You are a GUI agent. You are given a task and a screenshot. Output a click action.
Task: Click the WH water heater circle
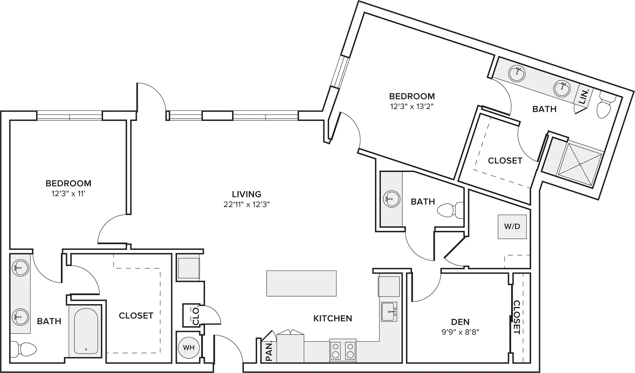189,347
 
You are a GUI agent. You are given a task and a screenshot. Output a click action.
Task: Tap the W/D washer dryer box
512,227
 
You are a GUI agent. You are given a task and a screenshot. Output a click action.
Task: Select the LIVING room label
247,194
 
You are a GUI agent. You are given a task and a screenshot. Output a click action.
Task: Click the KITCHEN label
333,318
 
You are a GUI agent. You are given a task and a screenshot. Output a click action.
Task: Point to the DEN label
460,322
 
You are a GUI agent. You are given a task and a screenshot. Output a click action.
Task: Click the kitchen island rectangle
301,283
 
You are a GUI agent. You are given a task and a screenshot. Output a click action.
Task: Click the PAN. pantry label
269,351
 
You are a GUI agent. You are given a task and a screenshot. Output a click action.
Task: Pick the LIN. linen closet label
584,96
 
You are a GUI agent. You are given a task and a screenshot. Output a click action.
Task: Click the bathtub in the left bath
86,330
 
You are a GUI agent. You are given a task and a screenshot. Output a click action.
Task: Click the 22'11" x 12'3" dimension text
247,204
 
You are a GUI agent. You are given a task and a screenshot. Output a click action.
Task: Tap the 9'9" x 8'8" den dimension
460,332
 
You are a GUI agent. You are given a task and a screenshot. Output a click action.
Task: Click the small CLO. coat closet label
196,316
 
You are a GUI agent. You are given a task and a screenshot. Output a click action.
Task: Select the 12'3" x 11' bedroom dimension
69,194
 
